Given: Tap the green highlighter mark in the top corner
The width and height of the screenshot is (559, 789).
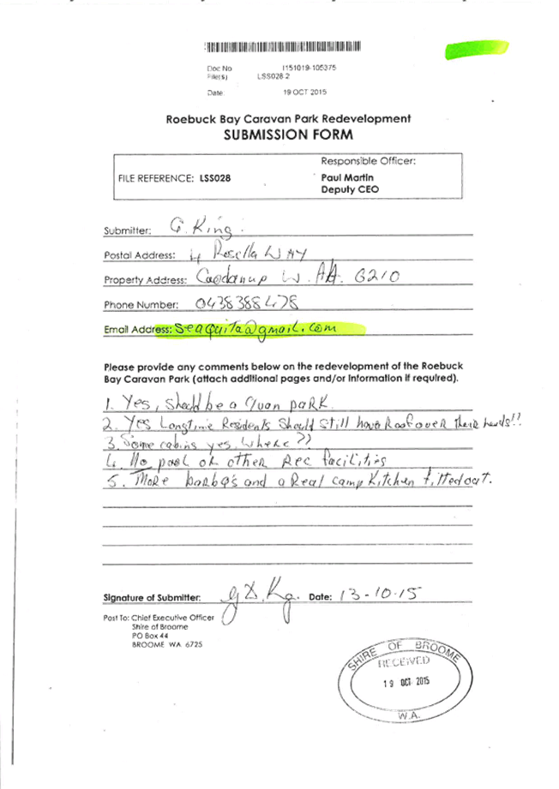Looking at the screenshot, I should point(467,49).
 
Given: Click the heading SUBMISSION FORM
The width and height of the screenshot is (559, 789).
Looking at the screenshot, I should point(288,135).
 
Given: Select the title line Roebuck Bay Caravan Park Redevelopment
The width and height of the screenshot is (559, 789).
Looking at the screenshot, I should point(288,120).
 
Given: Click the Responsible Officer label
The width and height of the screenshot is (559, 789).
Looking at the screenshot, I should point(368,161).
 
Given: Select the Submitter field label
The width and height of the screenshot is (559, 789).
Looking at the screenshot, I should point(127,230).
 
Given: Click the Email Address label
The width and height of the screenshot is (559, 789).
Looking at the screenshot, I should point(136,330).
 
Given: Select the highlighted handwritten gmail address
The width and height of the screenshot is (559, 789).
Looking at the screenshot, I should point(257,328).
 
